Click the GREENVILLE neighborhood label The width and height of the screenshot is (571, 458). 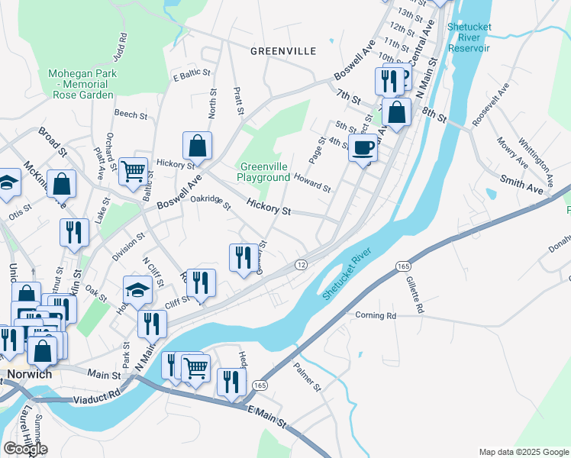tap(283, 51)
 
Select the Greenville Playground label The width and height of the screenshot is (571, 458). tap(265, 172)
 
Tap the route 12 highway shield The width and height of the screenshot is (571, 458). tap(302, 264)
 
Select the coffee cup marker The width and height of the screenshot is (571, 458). tap(363, 147)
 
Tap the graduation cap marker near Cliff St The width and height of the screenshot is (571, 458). tap(138, 289)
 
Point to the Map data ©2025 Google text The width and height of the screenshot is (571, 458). tap(524, 451)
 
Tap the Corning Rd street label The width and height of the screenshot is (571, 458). tap(376, 314)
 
